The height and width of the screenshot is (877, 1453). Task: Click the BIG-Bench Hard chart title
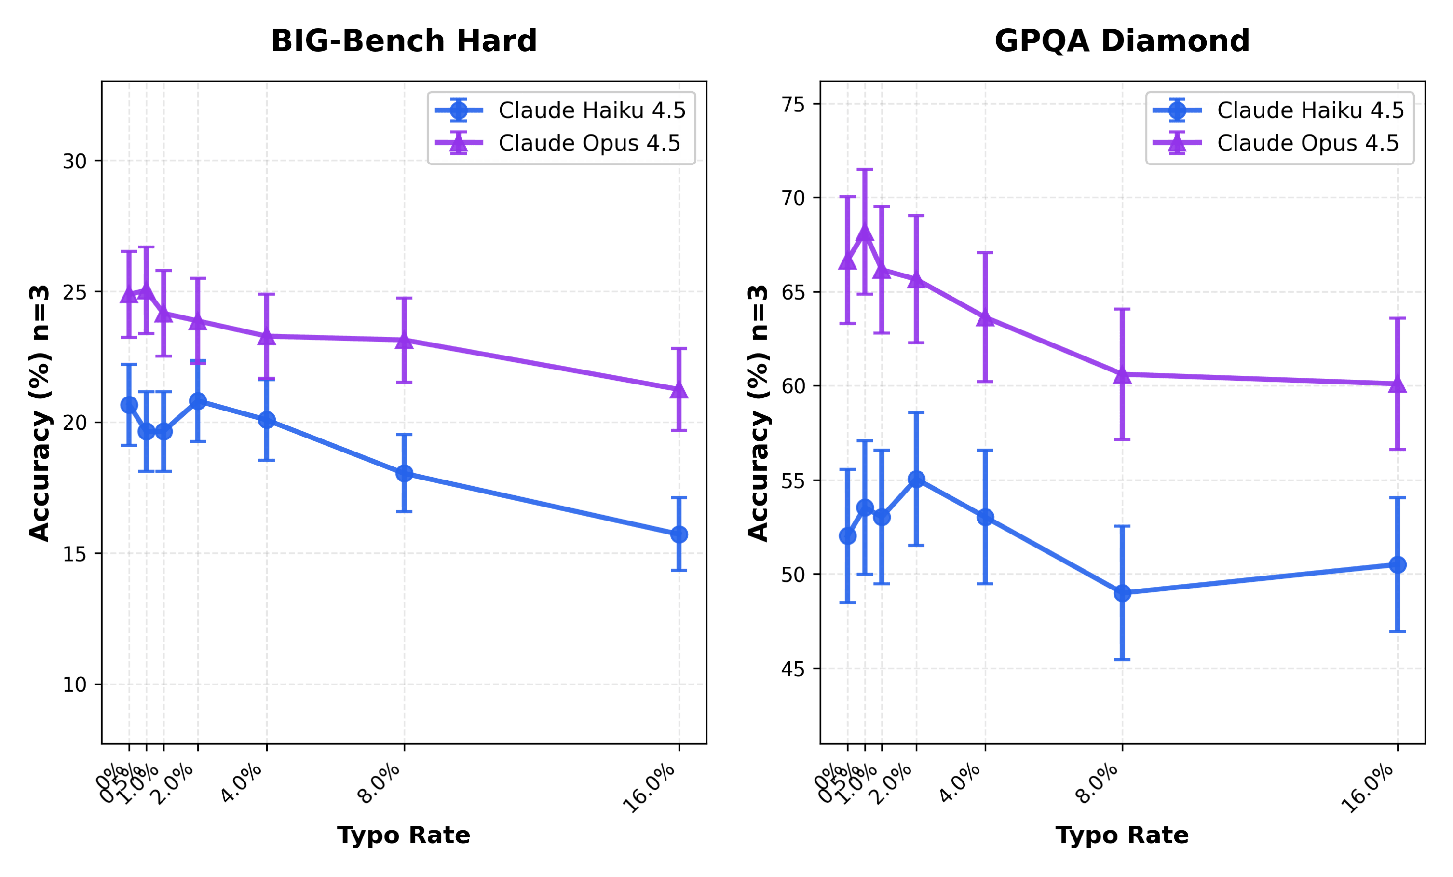coord(404,41)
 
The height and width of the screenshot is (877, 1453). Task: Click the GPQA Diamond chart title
coord(1122,41)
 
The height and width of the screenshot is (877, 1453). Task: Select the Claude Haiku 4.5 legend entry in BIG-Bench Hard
coord(591,110)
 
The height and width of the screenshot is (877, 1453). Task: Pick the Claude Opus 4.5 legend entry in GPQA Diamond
coord(1307,143)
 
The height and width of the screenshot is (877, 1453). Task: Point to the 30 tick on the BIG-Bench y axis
coord(74,161)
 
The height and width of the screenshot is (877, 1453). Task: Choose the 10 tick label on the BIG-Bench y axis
coord(74,685)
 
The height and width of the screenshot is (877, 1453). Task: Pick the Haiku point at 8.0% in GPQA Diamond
coord(1122,593)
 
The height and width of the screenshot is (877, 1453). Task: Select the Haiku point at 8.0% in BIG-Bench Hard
coord(404,473)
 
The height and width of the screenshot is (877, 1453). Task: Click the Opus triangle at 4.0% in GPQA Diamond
coord(985,318)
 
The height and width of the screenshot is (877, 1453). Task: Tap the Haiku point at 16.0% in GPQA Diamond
coord(1397,564)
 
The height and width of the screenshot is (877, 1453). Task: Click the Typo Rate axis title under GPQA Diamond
coord(1122,836)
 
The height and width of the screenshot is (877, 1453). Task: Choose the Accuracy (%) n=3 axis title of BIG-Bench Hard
coord(40,413)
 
